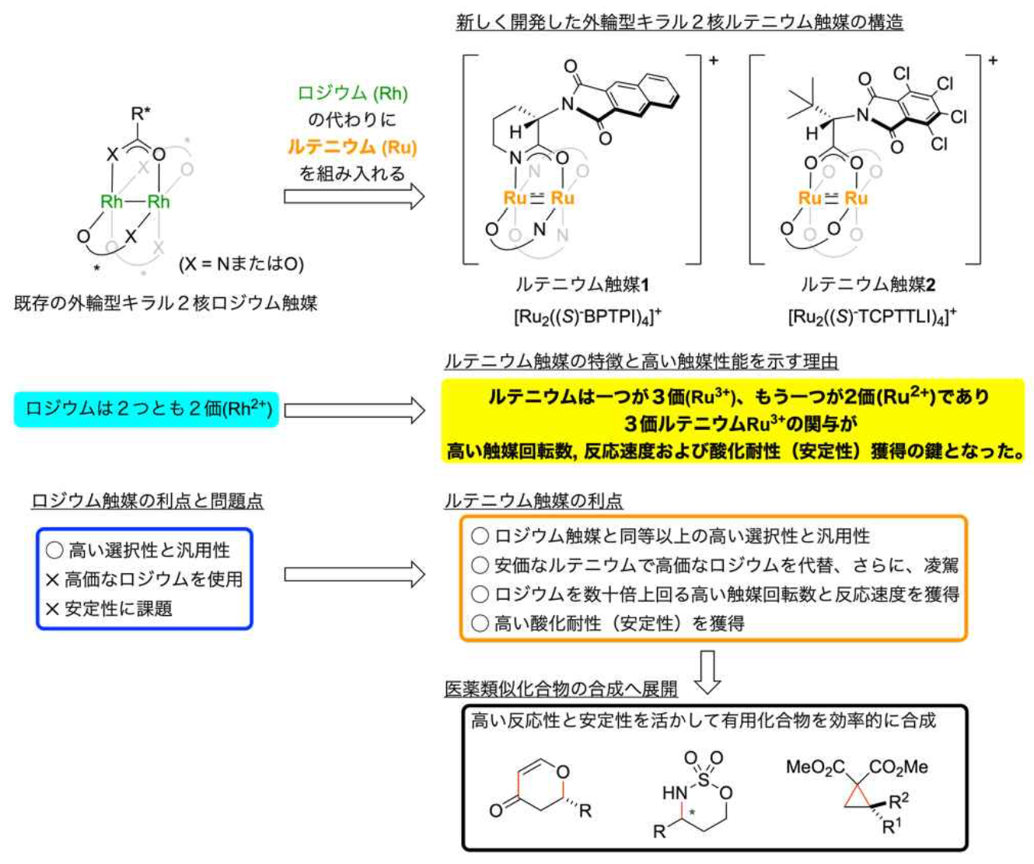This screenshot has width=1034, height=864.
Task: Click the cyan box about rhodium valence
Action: [x=146, y=408]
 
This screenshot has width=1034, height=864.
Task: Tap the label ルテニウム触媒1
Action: [x=582, y=285]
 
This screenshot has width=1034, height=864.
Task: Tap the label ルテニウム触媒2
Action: [x=868, y=285]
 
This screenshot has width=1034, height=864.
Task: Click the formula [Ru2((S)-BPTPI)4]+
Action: [x=587, y=316]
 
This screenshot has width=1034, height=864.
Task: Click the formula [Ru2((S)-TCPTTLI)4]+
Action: [x=872, y=316]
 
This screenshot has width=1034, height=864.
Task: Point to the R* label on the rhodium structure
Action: [x=140, y=114]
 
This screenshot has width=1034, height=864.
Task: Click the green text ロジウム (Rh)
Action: [x=352, y=93]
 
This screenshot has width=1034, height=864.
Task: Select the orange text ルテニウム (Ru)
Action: [x=352, y=146]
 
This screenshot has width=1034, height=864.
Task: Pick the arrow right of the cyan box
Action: [x=354, y=410]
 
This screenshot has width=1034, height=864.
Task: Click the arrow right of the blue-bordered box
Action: [x=354, y=575]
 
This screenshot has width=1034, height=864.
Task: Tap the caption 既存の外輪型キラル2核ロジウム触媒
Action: [x=166, y=303]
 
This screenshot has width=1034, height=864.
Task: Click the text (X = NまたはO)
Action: [x=241, y=264]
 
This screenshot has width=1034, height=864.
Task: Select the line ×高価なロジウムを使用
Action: [x=145, y=579]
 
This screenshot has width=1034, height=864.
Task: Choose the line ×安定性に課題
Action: [x=110, y=609]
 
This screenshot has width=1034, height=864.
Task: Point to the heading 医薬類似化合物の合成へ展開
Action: [x=561, y=689]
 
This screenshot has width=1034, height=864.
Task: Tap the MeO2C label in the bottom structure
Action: [x=815, y=768]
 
